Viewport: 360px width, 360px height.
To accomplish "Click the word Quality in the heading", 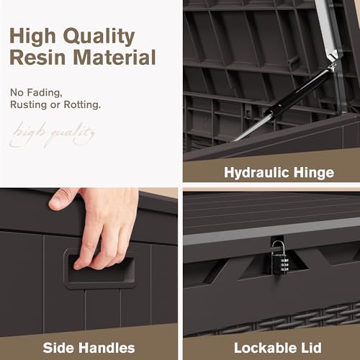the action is (99, 37).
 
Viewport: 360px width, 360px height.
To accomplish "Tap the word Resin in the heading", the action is (37, 58).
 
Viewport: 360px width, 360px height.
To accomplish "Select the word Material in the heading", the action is (114, 58).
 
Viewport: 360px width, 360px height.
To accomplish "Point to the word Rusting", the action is (29, 105).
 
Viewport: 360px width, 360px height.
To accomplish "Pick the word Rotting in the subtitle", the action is (82, 105).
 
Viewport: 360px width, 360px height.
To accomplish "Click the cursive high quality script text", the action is (53, 135).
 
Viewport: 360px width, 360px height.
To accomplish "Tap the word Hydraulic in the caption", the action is (256, 173).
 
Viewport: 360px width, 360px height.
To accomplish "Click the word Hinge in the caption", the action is (314, 173).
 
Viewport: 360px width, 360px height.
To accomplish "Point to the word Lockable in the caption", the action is (265, 348).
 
